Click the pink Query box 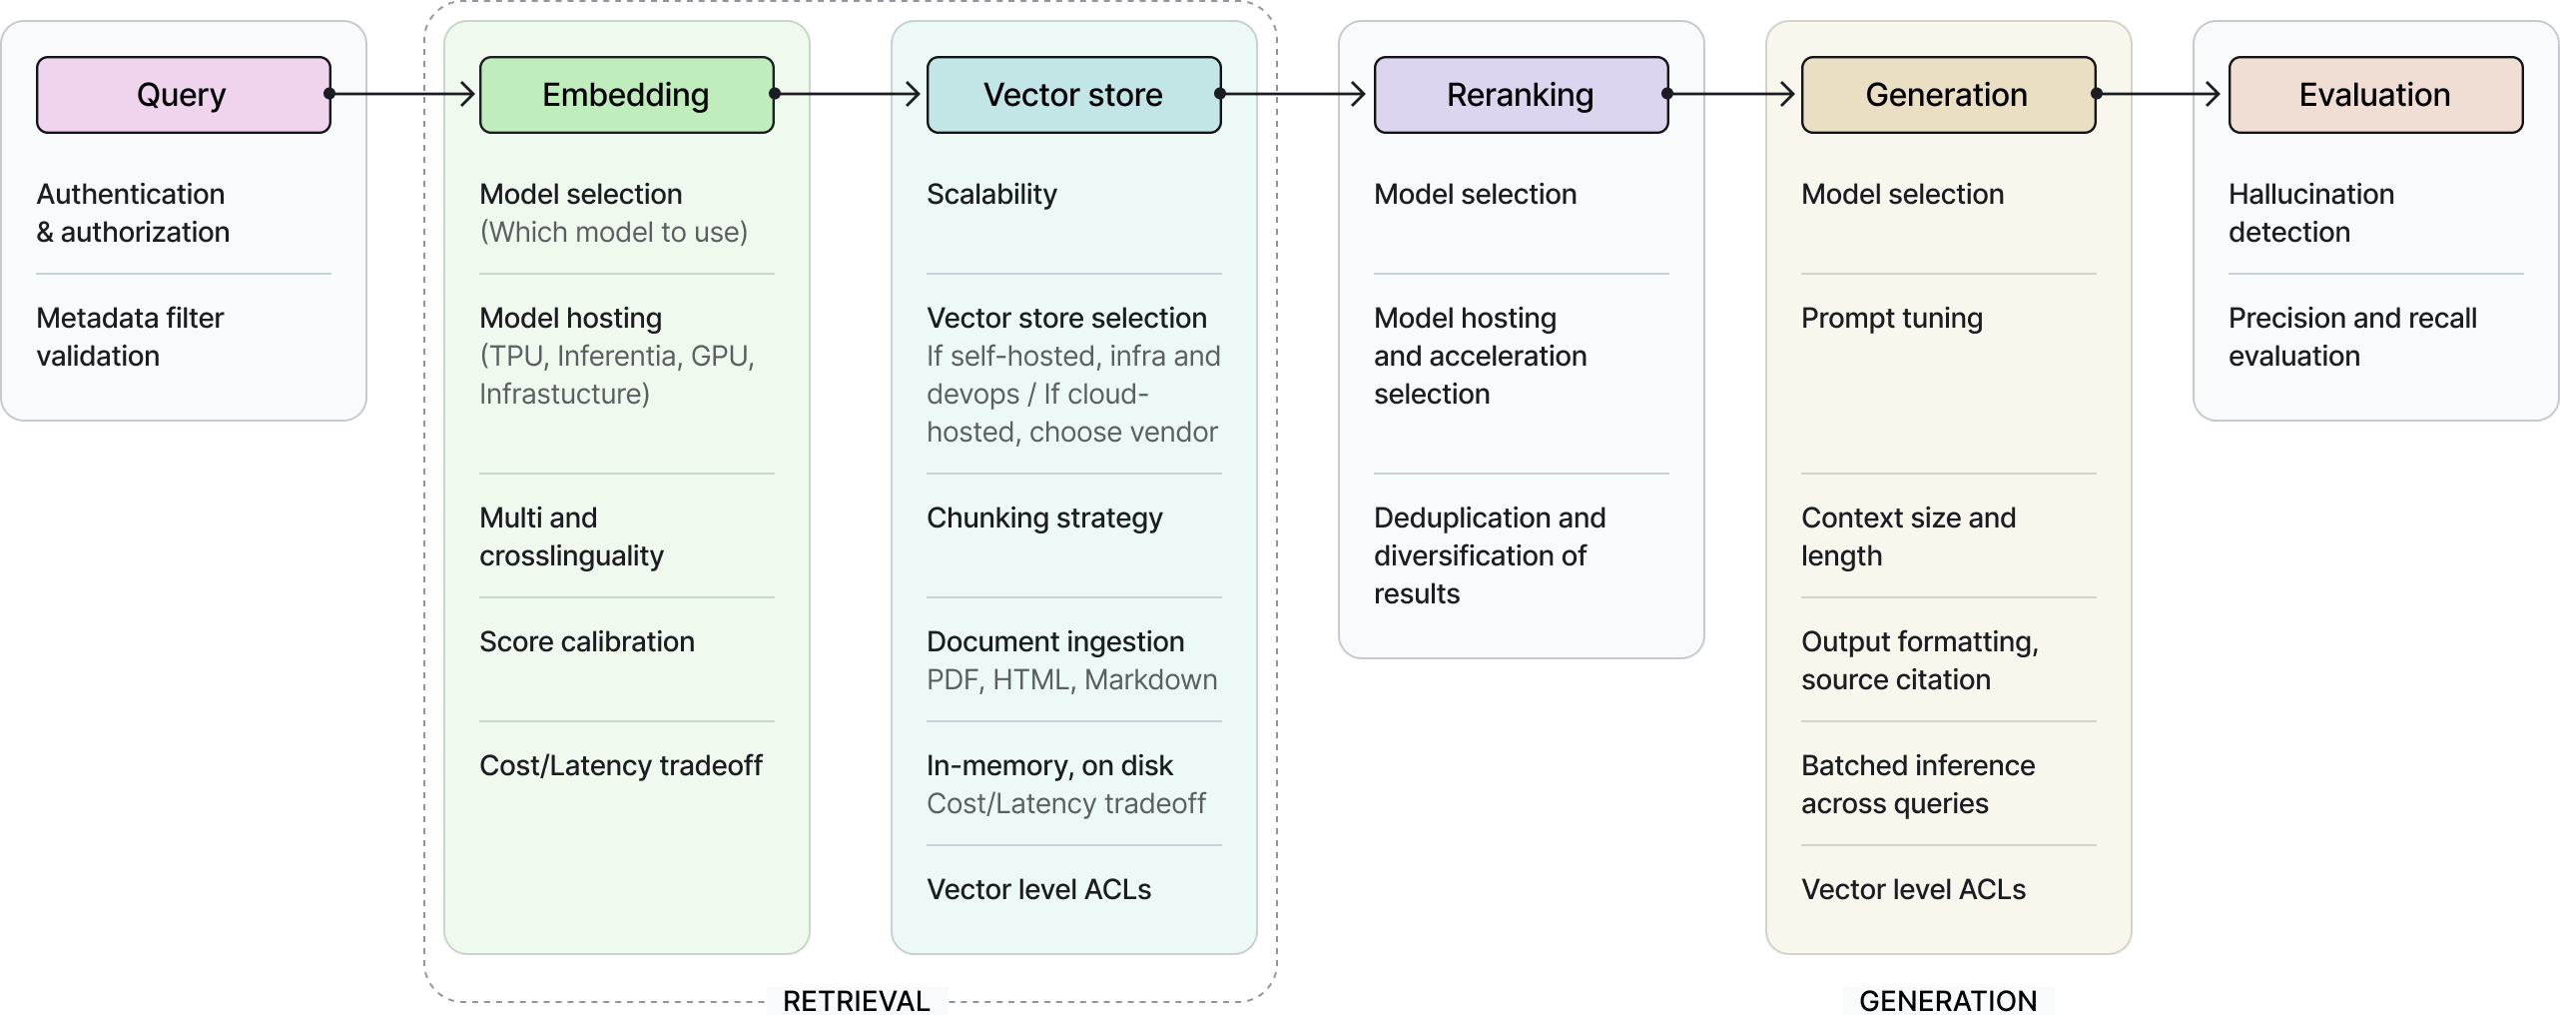183,95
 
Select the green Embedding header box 626,95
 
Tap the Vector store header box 1073,95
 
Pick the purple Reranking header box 1521,95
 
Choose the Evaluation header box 2375,95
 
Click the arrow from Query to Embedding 403,94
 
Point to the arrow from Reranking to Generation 1733,94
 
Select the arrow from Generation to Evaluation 2161,94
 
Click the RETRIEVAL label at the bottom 857,1001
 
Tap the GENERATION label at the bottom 1948,1001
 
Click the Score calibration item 587,641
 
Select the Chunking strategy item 1044,517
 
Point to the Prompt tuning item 1892,318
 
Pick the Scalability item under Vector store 991,194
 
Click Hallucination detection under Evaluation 2311,213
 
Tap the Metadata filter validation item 130,337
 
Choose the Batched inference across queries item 1918,784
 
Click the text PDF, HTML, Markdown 1071,679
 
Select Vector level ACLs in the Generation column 1913,889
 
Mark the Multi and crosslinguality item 571,536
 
